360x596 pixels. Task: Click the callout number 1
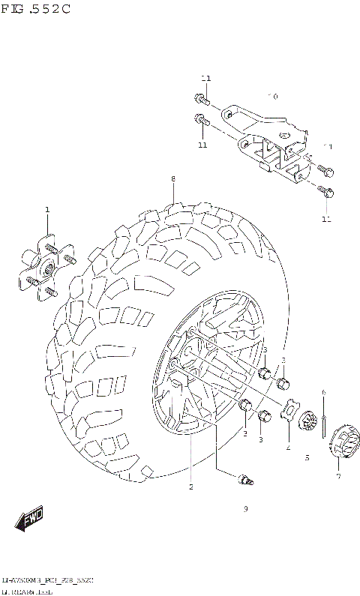[46, 209]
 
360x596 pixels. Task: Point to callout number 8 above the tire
[172, 178]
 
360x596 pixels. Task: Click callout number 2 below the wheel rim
[191, 487]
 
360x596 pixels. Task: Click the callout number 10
[273, 97]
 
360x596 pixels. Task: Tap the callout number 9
[245, 509]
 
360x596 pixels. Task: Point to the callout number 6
[323, 392]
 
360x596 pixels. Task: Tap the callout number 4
[287, 448]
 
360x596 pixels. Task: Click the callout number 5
[307, 457]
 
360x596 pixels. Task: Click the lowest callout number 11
[325, 219]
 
